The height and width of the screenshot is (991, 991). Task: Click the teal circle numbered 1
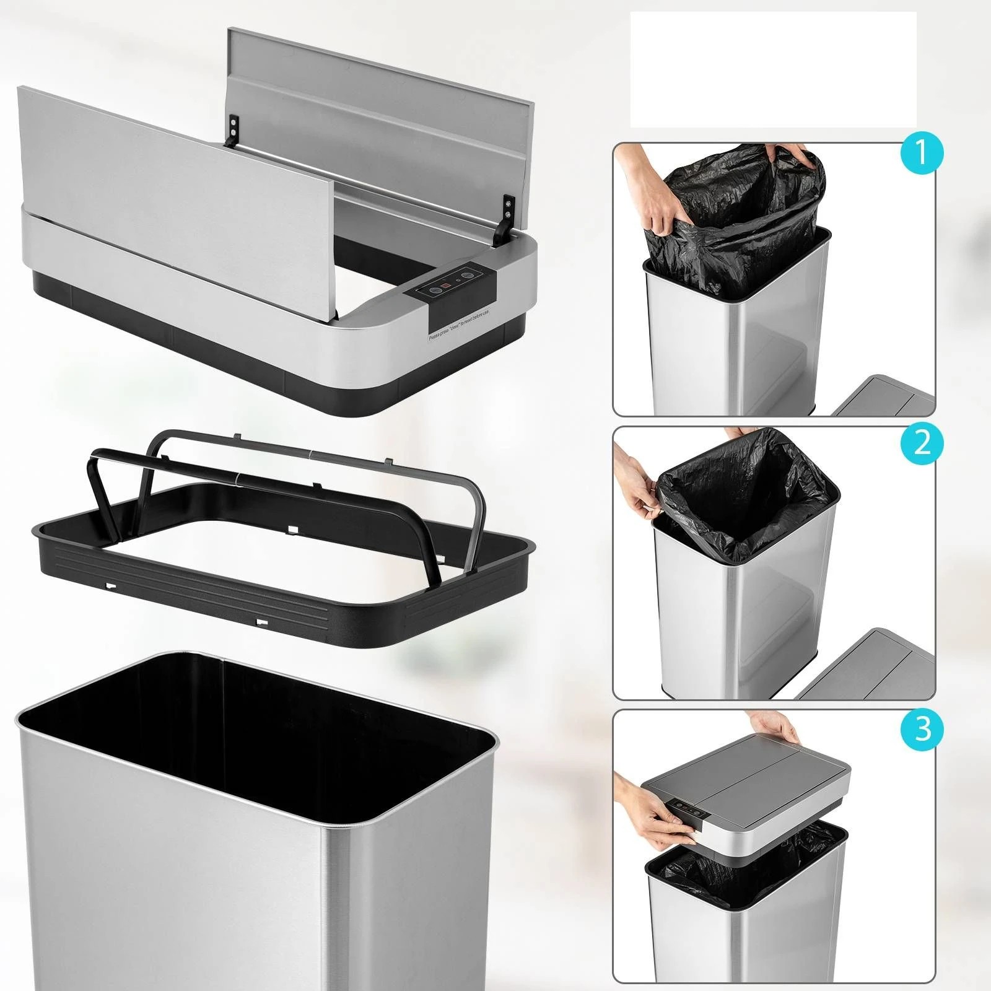[x=922, y=152]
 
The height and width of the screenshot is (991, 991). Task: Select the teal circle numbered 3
[x=922, y=728]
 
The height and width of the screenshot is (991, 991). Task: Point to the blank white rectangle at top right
[x=773, y=69]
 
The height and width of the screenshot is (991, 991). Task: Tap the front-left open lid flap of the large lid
[x=180, y=198]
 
